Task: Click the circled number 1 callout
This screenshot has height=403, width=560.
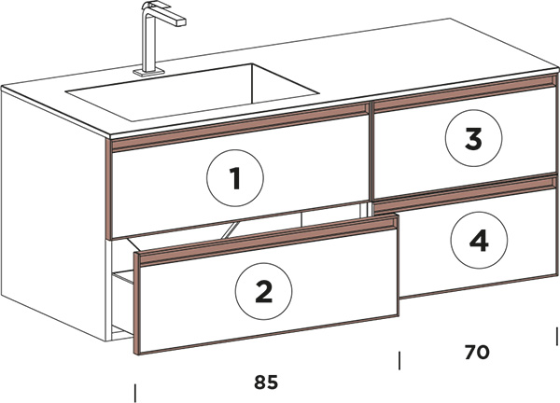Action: click(235, 178)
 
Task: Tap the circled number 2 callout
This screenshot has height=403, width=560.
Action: click(263, 291)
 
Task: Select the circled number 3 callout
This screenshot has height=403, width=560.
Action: click(473, 138)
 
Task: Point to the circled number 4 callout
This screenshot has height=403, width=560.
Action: click(479, 240)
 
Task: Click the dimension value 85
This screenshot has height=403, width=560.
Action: click(266, 382)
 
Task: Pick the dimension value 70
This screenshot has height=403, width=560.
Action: click(477, 352)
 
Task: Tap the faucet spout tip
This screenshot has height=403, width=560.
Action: click(181, 22)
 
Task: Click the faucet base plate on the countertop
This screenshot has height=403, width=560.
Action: click(149, 72)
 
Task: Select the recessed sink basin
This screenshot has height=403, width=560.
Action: click(192, 92)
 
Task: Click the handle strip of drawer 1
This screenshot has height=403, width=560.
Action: click(240, 127)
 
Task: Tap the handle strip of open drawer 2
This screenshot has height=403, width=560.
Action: click(268, 241)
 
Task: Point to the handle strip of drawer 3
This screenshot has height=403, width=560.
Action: click(465, 93)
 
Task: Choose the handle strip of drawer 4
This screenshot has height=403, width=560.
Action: click(465, 194)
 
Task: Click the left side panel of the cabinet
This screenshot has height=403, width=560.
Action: click(53, 215)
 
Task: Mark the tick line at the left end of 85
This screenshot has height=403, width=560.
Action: click(135, 393)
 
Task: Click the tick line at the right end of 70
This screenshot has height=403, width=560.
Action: click(557, 336)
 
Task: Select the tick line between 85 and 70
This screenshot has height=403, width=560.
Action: click(399, 360)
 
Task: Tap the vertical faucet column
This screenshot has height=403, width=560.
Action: click(147, 39)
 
